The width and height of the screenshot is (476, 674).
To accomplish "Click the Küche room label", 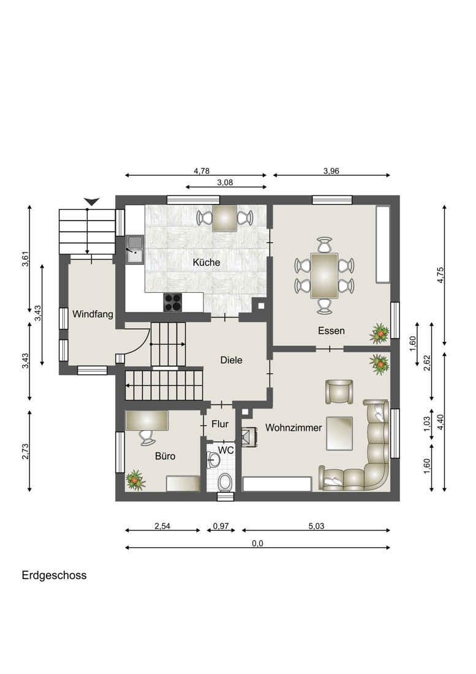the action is point(206,262).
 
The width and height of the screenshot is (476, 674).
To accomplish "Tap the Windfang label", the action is point(93,314).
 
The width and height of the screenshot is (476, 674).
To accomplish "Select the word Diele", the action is point(231,360).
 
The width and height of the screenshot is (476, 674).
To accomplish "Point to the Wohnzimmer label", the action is point(293,428).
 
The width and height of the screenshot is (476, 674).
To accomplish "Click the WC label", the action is point(226,450).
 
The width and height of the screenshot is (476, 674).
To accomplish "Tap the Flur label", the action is point(220,424).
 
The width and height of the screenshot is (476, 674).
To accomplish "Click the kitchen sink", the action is point(134,249).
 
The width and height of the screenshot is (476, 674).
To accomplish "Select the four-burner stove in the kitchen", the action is point(173,301).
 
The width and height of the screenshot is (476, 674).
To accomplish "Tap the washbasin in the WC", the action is point(213,460).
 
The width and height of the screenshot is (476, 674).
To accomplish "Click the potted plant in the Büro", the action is point(136,480).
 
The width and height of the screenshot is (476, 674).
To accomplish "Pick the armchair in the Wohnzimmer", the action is point(339,392).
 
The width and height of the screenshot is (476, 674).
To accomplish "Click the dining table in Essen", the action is point(324,276).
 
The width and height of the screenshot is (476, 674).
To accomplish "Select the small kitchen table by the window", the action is point(225,218).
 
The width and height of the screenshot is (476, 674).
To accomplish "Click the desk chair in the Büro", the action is point(147,437).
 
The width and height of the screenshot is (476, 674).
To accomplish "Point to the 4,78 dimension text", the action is point(202,171).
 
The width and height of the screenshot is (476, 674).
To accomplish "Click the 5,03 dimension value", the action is point(316,526).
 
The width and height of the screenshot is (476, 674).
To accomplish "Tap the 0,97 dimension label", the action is point(221,526).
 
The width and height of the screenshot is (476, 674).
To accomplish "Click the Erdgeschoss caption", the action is point(54,575).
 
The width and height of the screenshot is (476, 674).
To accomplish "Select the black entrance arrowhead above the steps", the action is point(91,202).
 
